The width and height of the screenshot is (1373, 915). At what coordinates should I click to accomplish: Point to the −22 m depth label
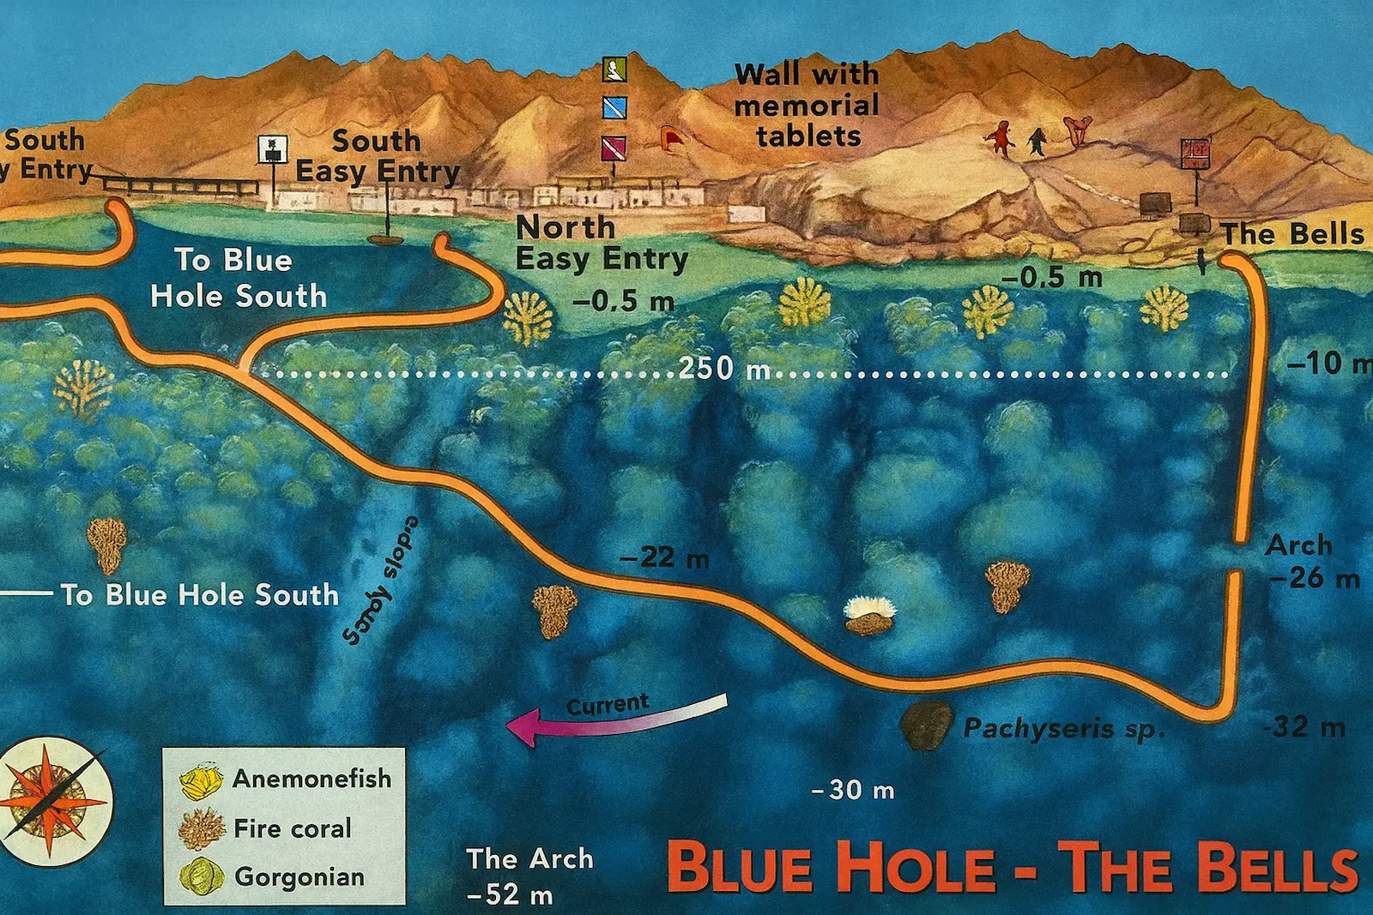click(x=664, y=558)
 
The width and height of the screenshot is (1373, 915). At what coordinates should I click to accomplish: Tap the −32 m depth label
click(x=1304, y=727)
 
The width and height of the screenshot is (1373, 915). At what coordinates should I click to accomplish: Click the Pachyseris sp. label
click(x=1064, y=729)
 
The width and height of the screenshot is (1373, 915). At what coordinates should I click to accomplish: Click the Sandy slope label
click(x=380, y=580)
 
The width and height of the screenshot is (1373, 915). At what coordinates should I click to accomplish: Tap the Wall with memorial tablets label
click(x=807, y=105)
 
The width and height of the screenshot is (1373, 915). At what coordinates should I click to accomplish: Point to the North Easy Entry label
click(x=601, y=243)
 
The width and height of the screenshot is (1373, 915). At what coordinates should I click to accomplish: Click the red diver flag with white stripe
click(x=614, y=147)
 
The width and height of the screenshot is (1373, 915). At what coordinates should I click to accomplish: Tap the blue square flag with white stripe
click(x=614, y=107)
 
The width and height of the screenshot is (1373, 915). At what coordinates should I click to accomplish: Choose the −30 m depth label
click(x=853, y=790)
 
